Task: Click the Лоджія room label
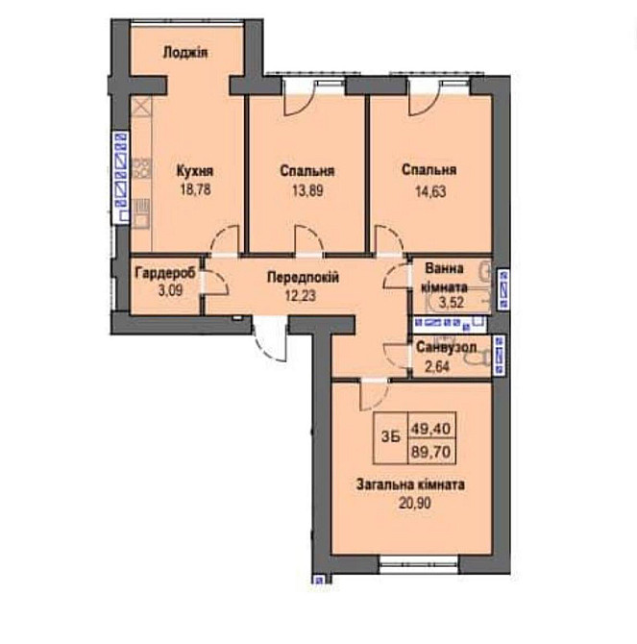pyautogui.click(x=186, y=53)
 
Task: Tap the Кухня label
pyautogui.click(x=193, y=171)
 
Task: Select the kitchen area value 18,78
pyautogui.click(x=193, y=189)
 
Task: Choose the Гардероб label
pyautogui.click(x=164, y=273)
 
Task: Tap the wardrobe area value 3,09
pyautogui.click(x=164, y=289)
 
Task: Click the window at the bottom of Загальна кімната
pyautogui.click(x=416, y=559)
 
